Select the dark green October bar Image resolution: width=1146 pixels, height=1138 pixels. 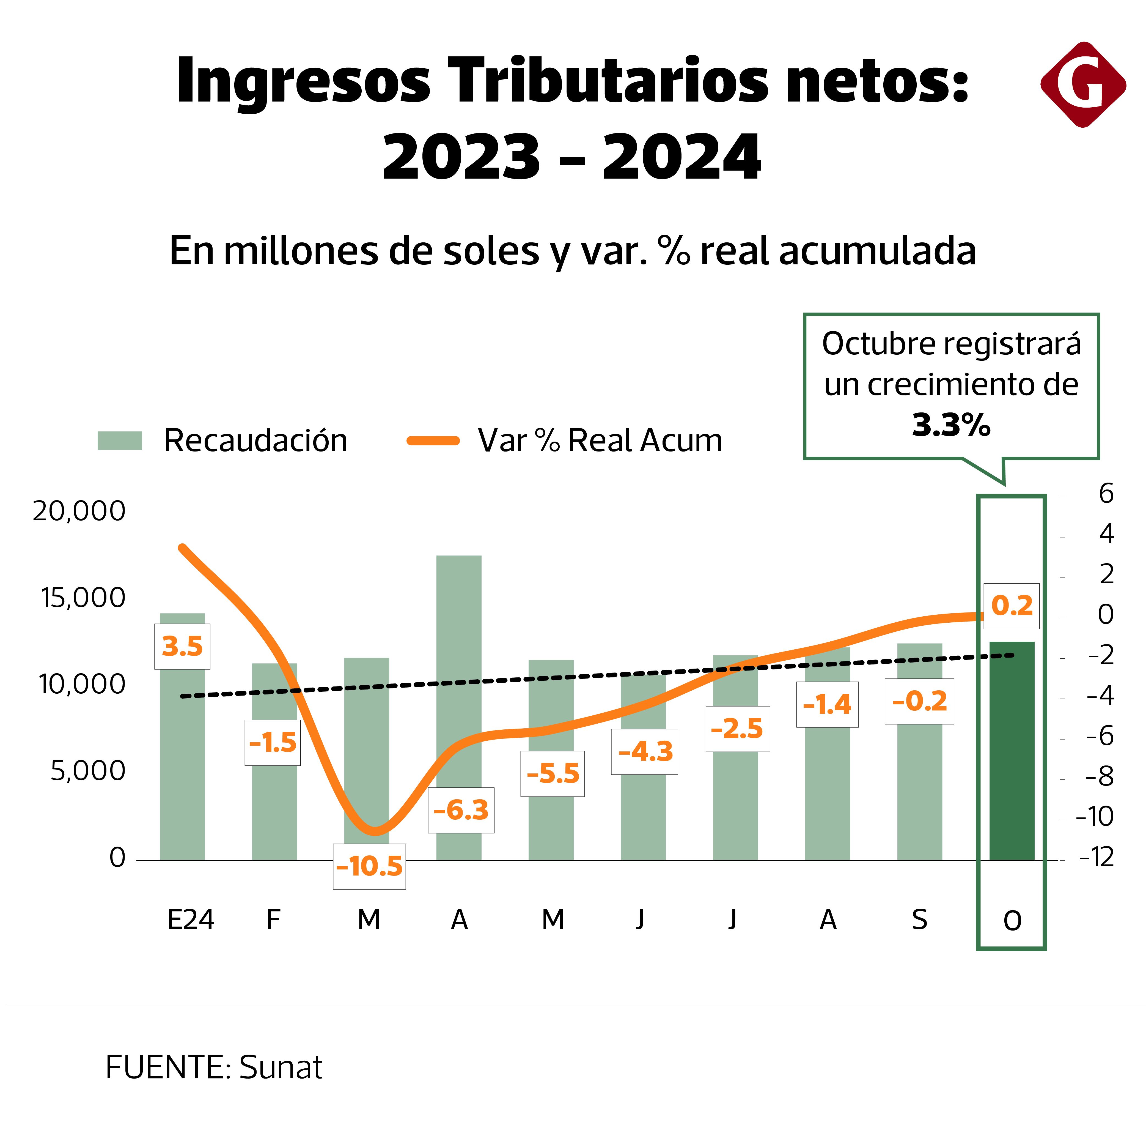tap(1012, 751)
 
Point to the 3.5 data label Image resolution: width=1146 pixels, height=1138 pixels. tap(182, 646)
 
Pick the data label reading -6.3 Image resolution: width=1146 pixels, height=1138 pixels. tap(461, 810)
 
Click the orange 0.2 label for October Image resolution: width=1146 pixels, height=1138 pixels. tap(1011, 606)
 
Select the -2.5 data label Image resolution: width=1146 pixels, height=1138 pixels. tap(737, 729)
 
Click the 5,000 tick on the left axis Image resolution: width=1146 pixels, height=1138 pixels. tap(88, 771)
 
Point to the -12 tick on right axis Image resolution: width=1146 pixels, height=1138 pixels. tap(1096, 857)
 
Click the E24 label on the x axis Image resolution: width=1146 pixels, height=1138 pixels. tap(190, 920)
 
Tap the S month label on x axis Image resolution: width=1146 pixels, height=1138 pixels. tap(919, 920)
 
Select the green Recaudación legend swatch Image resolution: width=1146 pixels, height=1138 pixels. tap(120, 441)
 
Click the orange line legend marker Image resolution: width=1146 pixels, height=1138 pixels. tap(433, 441)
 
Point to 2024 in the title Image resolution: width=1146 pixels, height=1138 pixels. tap(681, 157)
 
